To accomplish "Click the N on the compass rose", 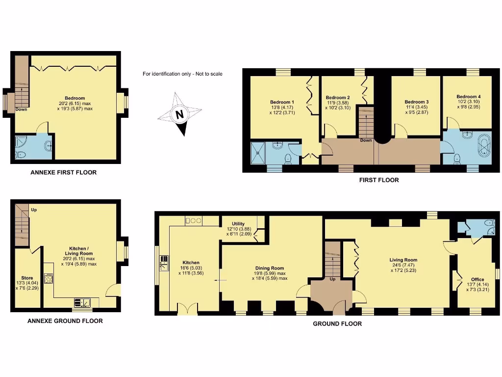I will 179,114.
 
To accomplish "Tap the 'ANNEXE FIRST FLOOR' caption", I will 63,172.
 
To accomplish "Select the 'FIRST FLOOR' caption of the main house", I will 379,180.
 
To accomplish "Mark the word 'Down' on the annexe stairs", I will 21,109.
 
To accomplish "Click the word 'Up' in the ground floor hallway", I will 333,279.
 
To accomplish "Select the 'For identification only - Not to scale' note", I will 182,74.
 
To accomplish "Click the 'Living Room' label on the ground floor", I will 403,260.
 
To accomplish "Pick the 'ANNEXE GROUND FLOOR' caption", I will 64,321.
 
